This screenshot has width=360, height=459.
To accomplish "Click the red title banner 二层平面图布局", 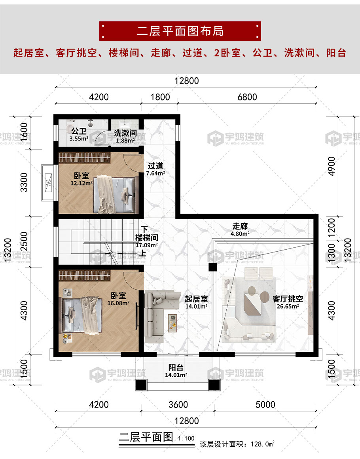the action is point(180,31).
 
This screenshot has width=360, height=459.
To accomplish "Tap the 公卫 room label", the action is point(79,131).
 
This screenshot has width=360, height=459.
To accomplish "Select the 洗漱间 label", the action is point(125,133).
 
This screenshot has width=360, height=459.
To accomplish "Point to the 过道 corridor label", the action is point(155,166).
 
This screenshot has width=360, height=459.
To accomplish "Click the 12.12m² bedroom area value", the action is point(81,183).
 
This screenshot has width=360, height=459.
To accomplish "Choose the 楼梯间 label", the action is point(147,237).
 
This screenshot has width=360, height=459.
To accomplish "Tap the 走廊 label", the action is point(240,226).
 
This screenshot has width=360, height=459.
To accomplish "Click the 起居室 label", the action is point(196,299).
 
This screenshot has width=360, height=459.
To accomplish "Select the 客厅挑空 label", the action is point(288,299).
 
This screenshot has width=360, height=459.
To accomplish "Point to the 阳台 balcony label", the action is point(176,367).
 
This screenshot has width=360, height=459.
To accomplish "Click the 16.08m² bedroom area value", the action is point(118,303).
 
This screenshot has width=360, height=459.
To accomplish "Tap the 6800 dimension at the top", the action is point(247,97).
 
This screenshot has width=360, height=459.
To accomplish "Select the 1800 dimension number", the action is point(160,97).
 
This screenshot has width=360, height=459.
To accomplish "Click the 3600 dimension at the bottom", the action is point(178,404).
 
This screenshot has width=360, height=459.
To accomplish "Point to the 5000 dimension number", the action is point(265,404).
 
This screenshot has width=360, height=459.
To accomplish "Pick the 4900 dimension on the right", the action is point(331,166).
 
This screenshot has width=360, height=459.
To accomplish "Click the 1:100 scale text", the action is point(186,438).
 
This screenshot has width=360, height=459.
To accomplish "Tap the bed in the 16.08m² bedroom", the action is point(81,316).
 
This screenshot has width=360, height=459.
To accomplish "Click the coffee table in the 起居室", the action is point(172,323).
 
